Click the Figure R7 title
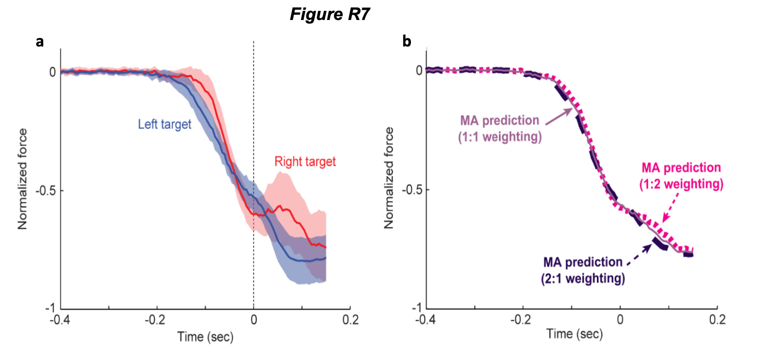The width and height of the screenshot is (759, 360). pyautogui.click(x=329, y=15)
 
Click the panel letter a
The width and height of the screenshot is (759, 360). pyautogui.click(x=39, y=42)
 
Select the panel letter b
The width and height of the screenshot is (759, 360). pyautogui.click(x=407, y=42)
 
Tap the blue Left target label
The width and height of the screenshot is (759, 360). pyautogui.click(x=164, y=124)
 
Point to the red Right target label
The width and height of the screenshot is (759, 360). pyautogui.click(x=305, y=161)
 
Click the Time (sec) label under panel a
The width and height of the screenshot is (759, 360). pyautogui.click(x=205, y=338)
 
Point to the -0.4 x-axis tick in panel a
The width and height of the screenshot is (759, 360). pyautogui.click(x=60, y=320)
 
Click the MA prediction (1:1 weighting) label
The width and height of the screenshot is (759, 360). pyautogui.click(x=500, y=128)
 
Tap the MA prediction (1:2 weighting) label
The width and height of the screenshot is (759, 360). pyautogui.click(x=681, y=176)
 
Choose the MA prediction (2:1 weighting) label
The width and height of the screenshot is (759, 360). pyautogui.click(x=583, y=270)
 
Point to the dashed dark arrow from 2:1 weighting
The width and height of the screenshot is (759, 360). pyautogui.click(x=638, y=253)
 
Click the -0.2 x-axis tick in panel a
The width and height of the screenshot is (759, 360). pyautogui.click(x=157, y=320)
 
